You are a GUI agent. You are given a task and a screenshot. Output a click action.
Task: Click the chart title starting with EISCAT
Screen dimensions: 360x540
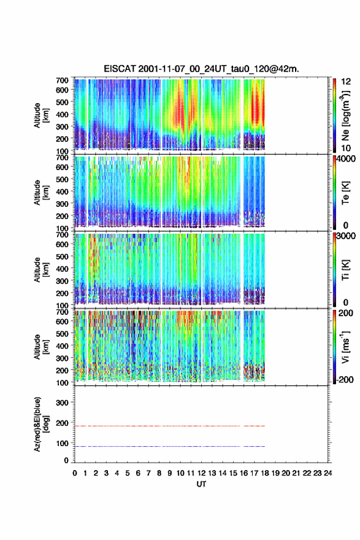point(201,69)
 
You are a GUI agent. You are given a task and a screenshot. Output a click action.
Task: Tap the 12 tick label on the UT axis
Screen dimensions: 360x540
point(201,473)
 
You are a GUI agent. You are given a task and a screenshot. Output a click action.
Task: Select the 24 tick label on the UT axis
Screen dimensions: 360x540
point(328,473)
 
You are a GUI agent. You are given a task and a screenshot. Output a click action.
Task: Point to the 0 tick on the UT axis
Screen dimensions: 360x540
point(75,473)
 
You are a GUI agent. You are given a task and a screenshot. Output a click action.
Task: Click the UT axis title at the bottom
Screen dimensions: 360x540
point(201,484)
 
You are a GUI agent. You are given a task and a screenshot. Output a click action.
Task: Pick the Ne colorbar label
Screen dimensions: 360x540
point(345,115)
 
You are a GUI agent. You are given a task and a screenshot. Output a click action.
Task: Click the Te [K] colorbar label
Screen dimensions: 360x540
point(345,193)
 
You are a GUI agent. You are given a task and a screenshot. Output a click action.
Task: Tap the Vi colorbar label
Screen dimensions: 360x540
point(345,347)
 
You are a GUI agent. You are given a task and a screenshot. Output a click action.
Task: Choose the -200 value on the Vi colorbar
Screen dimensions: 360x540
point(345,379)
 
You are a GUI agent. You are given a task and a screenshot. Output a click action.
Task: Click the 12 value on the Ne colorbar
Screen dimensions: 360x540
point(347,82)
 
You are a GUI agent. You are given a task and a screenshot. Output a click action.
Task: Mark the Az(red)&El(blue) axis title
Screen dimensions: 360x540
point(40,424)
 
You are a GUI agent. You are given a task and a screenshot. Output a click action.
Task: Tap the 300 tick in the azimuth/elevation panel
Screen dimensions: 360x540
point(63,403)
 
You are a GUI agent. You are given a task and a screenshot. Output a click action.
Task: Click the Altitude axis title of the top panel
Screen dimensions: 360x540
point(40,115)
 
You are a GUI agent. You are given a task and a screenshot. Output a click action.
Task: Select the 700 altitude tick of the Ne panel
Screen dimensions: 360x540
point(63,80)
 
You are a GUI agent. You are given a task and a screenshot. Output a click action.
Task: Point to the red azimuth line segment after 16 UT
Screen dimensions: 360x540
point(254,426)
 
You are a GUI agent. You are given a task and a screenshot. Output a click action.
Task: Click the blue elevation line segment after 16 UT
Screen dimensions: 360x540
point(254,446)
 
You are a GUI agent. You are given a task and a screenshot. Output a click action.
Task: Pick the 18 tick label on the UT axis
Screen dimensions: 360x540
point(265,473)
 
